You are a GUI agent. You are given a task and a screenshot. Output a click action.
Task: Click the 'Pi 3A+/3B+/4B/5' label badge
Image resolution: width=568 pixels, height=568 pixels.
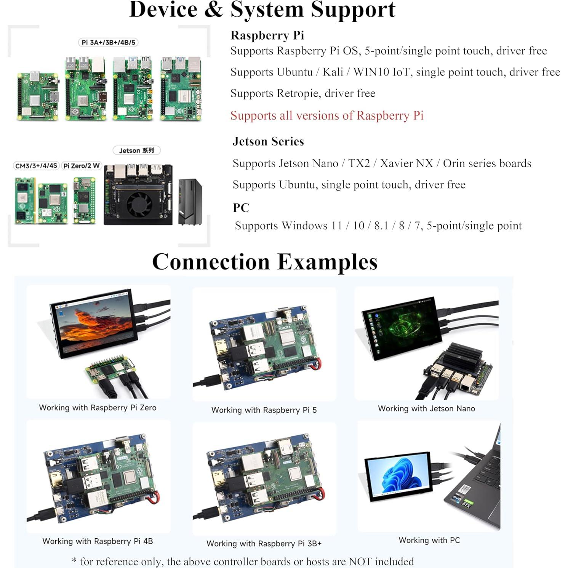pos(108,42)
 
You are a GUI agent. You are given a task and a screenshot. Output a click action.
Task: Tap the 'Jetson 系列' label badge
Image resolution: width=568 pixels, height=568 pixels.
pos(136,150)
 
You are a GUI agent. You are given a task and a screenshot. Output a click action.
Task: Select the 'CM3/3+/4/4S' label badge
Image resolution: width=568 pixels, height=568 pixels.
pos(36,166)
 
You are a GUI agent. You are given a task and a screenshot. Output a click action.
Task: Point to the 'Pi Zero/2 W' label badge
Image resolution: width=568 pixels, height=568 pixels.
pos(82,166)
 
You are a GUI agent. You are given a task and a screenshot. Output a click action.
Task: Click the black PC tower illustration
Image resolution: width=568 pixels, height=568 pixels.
pos(190,202)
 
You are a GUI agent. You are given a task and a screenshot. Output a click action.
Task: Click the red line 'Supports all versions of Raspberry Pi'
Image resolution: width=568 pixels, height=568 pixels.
pos(327,115)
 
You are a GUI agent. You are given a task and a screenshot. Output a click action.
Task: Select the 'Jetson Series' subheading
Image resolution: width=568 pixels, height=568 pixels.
pos(268,141)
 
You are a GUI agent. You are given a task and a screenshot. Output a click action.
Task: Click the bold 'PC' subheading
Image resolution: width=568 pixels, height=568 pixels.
pos(241,208)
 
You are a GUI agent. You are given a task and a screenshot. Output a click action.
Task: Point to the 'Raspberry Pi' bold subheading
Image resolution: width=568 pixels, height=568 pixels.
pos(267,35)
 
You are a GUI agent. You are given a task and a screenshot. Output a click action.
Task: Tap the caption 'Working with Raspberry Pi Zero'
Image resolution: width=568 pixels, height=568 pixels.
pos(98,408)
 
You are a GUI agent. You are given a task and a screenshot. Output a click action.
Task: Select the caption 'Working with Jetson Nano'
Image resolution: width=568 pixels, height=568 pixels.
pos(426,408)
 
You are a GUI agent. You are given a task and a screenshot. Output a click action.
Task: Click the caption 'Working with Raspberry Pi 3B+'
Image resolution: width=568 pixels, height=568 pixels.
pos(264,544)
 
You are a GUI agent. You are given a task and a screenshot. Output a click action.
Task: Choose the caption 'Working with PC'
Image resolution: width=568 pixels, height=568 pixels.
pos(429,540)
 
